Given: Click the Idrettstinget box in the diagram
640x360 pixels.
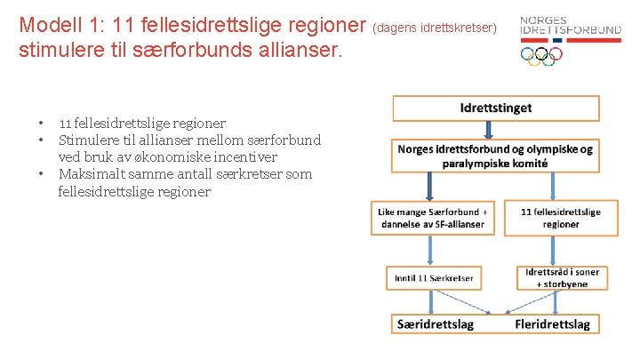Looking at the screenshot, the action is pyautogui.click(x=495, y=108).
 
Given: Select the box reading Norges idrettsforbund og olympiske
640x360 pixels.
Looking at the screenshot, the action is pyautogui.click(x=495, y=156).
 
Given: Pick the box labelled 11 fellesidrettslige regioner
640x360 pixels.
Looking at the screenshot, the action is pyautogui.click(x=561, y=218).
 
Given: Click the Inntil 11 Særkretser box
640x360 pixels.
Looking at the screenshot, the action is pyautogui.click(x=434, y=278).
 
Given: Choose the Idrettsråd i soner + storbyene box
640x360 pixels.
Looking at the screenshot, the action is pyautogui.click(x=564, y=277).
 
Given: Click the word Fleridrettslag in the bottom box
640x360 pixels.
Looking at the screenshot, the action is pyautogui.click(x=552, y=324).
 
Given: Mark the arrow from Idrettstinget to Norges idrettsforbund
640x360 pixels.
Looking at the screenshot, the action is pyautogui.click(x=495, y=130).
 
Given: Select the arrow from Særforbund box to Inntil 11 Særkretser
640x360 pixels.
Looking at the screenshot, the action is pyautogui.click(x=432, y=250).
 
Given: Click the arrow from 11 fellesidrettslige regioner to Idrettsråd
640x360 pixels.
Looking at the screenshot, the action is pyautogui.click(x=562, y=250).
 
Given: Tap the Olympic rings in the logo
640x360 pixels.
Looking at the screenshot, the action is pyautogui.click(x=541, y=55).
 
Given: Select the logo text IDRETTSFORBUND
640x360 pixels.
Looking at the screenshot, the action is pyautogui.click(x=570, y=30).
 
